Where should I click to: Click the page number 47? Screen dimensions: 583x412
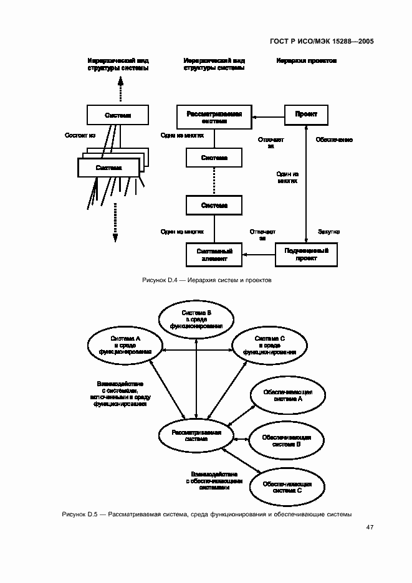(x=370, y=527)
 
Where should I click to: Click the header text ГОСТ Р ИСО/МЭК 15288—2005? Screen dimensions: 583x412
(x=321, y=42)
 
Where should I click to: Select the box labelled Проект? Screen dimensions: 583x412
(x=305, y=115)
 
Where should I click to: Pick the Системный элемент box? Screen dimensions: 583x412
(x=214, y=253)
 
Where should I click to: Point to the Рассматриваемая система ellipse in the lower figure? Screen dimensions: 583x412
(x=196, y=435)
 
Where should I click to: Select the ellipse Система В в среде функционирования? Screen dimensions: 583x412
(x=196, y=319)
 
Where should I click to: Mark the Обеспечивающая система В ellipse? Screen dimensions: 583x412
(x=287, y=441)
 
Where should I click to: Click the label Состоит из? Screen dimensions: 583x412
(x=80, y=135)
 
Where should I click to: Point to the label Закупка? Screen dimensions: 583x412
(x=328, y=232)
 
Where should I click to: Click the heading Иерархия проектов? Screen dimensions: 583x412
(x=306, y=61)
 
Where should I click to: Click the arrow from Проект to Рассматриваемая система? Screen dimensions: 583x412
(x=267, y=116)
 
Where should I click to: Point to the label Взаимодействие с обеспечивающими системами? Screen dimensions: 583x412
(x=208, y=481)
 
